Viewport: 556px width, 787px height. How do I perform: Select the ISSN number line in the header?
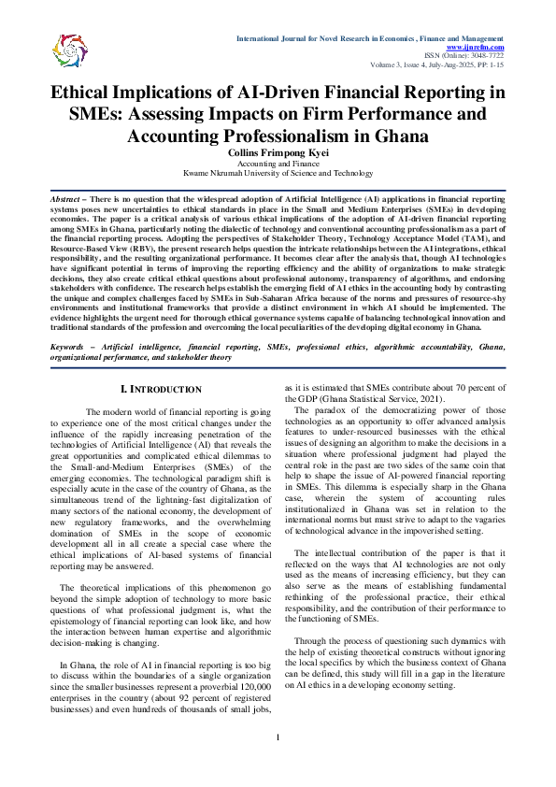[x=464, y=56]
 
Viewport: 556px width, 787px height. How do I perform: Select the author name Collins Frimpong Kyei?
[x=278, y=152]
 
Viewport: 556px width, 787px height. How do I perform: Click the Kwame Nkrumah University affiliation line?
[x=278, y=173]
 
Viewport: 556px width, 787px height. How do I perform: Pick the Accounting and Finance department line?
[x=278, y=163]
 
